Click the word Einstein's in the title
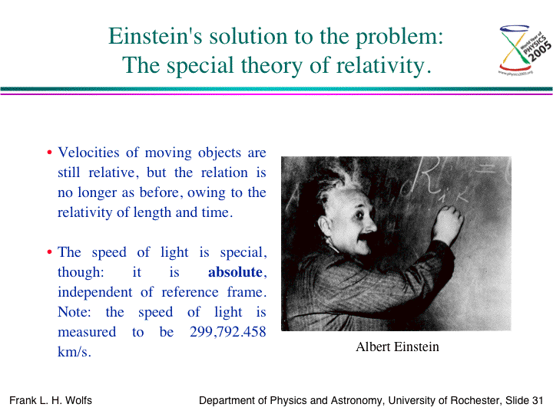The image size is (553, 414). (x=155, y=36)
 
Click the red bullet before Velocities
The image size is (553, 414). (x=49, y=153)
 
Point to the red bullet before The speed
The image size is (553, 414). (x=49, y=252)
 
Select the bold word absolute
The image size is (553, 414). (x=235, y=272)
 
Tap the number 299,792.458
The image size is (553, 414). (x=228, y=332)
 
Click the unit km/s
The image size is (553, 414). (x=75, y=352)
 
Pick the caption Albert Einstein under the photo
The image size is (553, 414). (x=398, y=347)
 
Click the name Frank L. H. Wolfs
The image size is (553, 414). (x=51, y=401)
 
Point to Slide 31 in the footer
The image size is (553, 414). (x=524, y=401)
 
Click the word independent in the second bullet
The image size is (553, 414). (x=95, y=292)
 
